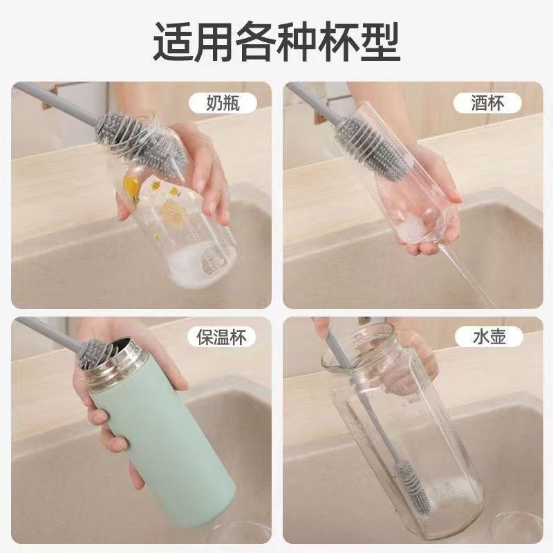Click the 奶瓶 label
[x=223, y=103]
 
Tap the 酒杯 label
[x=487, y=103]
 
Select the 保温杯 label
[x=221, y=337]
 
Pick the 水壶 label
[x=489, y=337]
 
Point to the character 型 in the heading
[x=379, y=41]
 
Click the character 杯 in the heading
[x=338, y=41]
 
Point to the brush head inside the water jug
[x=413, y=486]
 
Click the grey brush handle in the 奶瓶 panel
[x=57, y=104]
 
